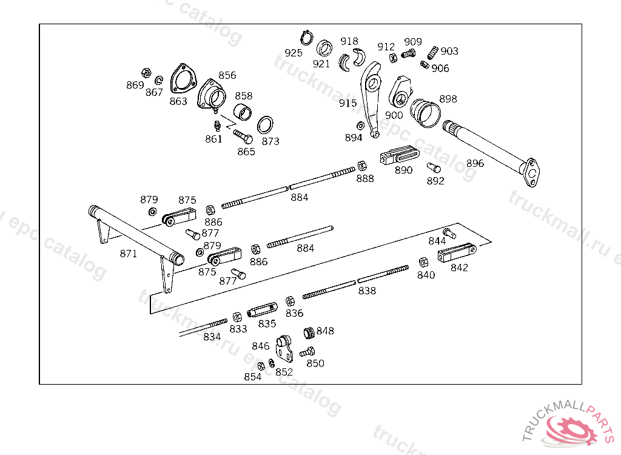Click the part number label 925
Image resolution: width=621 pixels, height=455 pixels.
(294, 53)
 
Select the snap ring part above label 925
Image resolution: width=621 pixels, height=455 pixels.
(306, 38)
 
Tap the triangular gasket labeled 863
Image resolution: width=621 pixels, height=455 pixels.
(183, 79)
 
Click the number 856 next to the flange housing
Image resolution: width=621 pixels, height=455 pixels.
(227, 75)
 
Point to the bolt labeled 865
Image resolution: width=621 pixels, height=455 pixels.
(243, 136)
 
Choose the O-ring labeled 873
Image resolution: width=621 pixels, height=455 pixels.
(265, 125)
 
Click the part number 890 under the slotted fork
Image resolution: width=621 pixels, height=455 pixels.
(403, 170)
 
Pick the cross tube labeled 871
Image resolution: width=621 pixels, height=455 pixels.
(136, 236)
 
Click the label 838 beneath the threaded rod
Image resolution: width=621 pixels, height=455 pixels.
(367, 291)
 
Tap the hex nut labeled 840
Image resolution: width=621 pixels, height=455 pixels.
(423, 262)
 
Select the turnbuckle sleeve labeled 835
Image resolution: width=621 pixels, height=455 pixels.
(262, 309)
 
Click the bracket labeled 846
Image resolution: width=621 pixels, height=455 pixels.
(285, 348)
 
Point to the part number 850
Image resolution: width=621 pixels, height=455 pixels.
(315, 363)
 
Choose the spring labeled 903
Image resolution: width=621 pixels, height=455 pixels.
(433, 52)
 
